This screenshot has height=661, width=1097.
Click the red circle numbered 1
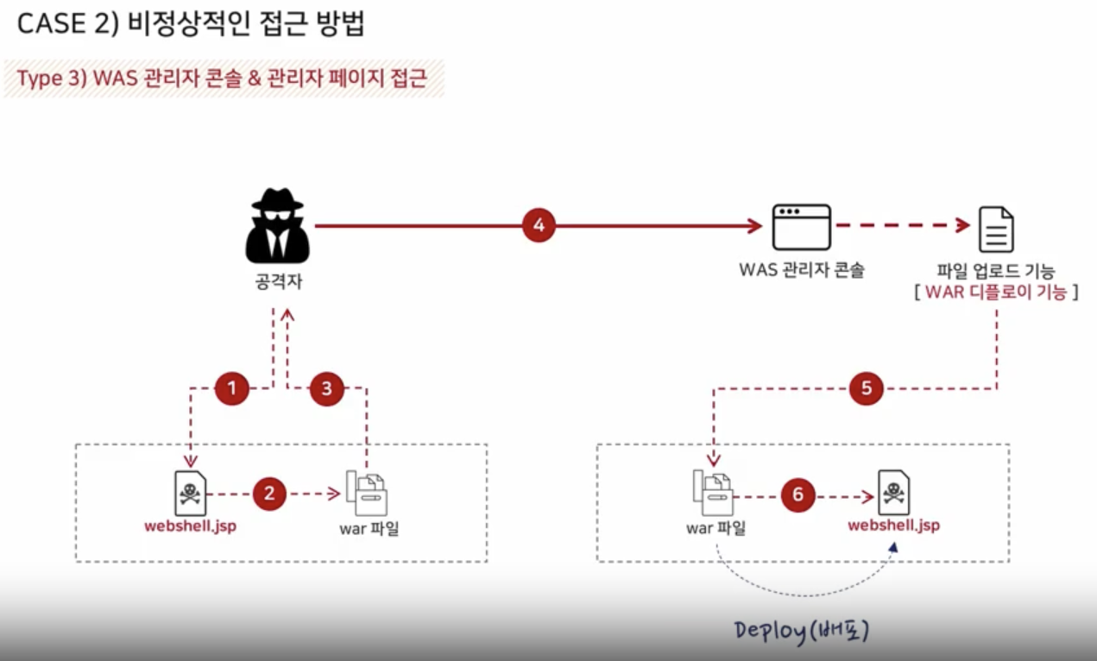click(x=231, y=388)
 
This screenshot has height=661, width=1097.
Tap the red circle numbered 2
click(x=269, y=494)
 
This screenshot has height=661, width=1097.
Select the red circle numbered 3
click(x=326, y=388)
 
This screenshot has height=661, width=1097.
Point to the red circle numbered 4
click(x=539, y=226)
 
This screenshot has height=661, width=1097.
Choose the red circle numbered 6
click(x=798, y=494)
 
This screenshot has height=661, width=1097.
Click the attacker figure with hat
click(x=276, y=226)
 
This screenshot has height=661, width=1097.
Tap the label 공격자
click(x=277, y=281)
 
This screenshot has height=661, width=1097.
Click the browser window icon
click(x=801, y=227)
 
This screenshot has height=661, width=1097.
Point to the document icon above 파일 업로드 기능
click(x=995, y=229)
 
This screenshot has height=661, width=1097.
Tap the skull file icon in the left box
click(x=190, y=493)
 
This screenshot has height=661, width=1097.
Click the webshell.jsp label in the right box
click(x=893, y=525)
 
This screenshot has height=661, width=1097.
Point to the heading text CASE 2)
click(x=66, y=24)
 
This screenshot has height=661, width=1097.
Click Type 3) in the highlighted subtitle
click(x=48, y=79)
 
